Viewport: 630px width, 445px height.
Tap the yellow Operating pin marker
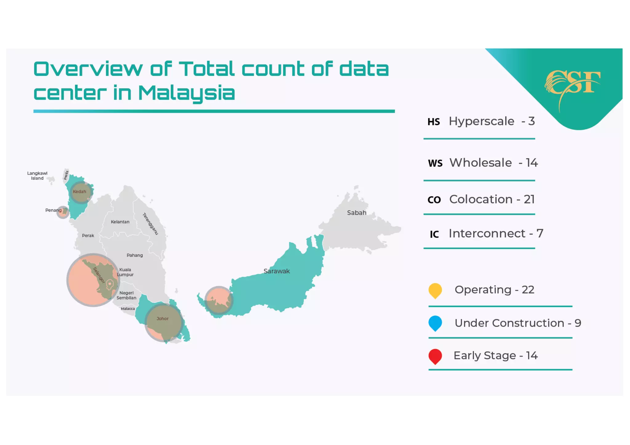coord(435,290)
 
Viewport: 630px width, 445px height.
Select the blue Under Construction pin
coord(435,323)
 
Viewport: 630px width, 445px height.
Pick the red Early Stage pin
coord(435,356)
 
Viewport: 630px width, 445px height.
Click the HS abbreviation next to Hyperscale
coord(433,122)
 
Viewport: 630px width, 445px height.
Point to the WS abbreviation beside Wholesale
coord(435,163)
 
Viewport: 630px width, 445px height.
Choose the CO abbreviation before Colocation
coord(434,200)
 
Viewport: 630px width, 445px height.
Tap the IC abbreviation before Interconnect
coord(434,234)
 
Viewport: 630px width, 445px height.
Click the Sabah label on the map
coord(357,213)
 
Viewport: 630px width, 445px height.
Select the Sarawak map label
coord(277,271)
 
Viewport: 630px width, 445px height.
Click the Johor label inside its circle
coord(162,319)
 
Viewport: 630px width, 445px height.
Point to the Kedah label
coord(79,191)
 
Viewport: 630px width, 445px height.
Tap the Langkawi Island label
coord(37,176)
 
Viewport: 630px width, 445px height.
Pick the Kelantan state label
coord(120,222)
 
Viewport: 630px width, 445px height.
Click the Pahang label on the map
coord(135,255)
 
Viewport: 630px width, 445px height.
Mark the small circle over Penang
coord(63,212)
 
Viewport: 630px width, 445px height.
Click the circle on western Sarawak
coord(219,300)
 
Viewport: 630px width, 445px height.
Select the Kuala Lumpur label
coord(125,272)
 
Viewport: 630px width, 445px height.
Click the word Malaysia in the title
coord(186,93)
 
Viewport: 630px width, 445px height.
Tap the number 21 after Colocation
coord(529,199)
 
